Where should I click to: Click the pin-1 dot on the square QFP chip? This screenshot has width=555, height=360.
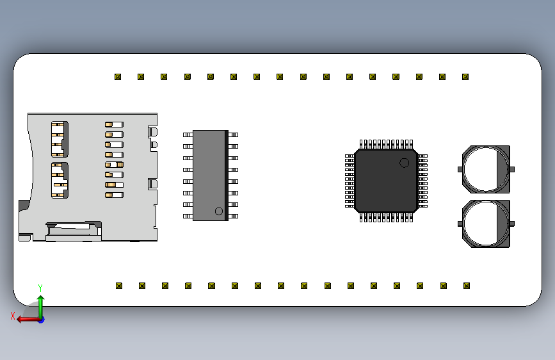[x=405, y=163]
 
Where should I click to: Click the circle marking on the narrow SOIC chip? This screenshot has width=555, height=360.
[x=218, y=211]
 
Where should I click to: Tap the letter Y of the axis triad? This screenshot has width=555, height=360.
[x=40, y=288]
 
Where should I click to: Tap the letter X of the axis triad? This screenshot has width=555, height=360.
[x=13, y=316]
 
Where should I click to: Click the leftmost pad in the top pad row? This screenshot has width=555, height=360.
[x=118, y=77]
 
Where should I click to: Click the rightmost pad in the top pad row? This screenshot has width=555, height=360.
[x=465, y=77]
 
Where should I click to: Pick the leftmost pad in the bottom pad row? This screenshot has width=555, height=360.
[x=119, y=286]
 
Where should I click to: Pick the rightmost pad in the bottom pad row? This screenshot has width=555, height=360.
[x=467, y=286]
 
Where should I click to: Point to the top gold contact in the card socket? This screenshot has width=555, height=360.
[x=114, y=125]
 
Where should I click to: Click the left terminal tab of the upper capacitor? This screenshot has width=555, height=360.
[x=460, y=169]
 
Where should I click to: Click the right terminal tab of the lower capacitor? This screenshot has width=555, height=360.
[x=512, y=224]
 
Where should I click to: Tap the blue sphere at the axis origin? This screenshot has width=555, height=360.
[x=41, y=319]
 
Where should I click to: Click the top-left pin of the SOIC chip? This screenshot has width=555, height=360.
[x=188, y=135]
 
